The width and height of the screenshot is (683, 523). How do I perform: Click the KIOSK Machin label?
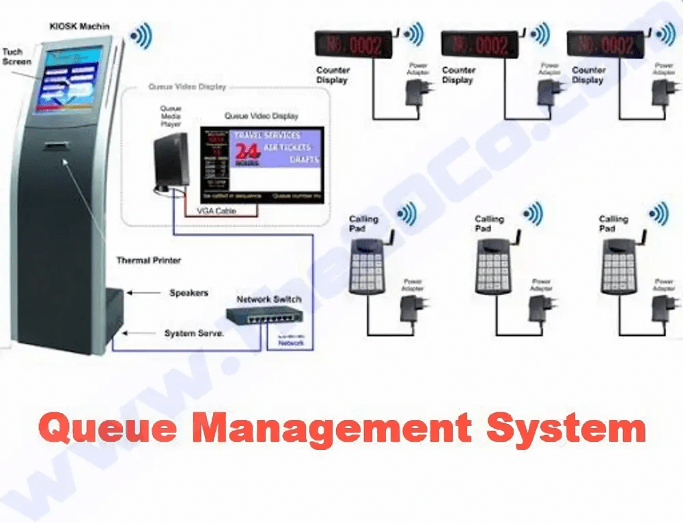(79, 26)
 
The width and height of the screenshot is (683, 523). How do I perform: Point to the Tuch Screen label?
(16, 57)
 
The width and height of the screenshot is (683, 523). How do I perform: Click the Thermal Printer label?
(148, 260)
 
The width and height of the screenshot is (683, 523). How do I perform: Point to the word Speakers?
(189, 293)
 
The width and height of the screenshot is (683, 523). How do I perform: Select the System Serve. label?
(194, 333)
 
